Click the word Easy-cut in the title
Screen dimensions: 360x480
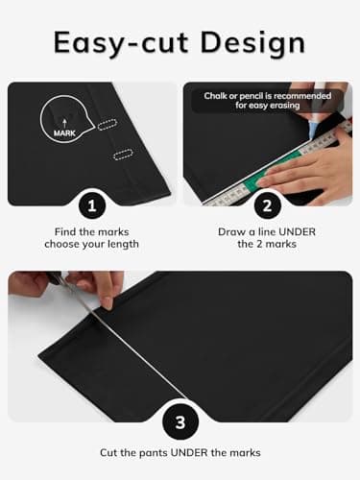121,43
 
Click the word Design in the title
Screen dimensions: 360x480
252,43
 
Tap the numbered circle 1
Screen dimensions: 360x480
92,205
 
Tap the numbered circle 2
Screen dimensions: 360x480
267,205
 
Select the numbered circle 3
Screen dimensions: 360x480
180,422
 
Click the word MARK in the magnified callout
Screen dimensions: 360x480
64,133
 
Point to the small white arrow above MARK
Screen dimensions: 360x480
65,123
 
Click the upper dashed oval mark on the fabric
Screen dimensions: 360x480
108,125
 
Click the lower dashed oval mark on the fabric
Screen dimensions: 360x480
123,155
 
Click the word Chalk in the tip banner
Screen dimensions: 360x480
214,96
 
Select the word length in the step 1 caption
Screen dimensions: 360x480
123,245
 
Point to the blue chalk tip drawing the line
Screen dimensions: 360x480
312,132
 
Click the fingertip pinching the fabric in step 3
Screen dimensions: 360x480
108,303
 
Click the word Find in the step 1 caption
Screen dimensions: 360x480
65,232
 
